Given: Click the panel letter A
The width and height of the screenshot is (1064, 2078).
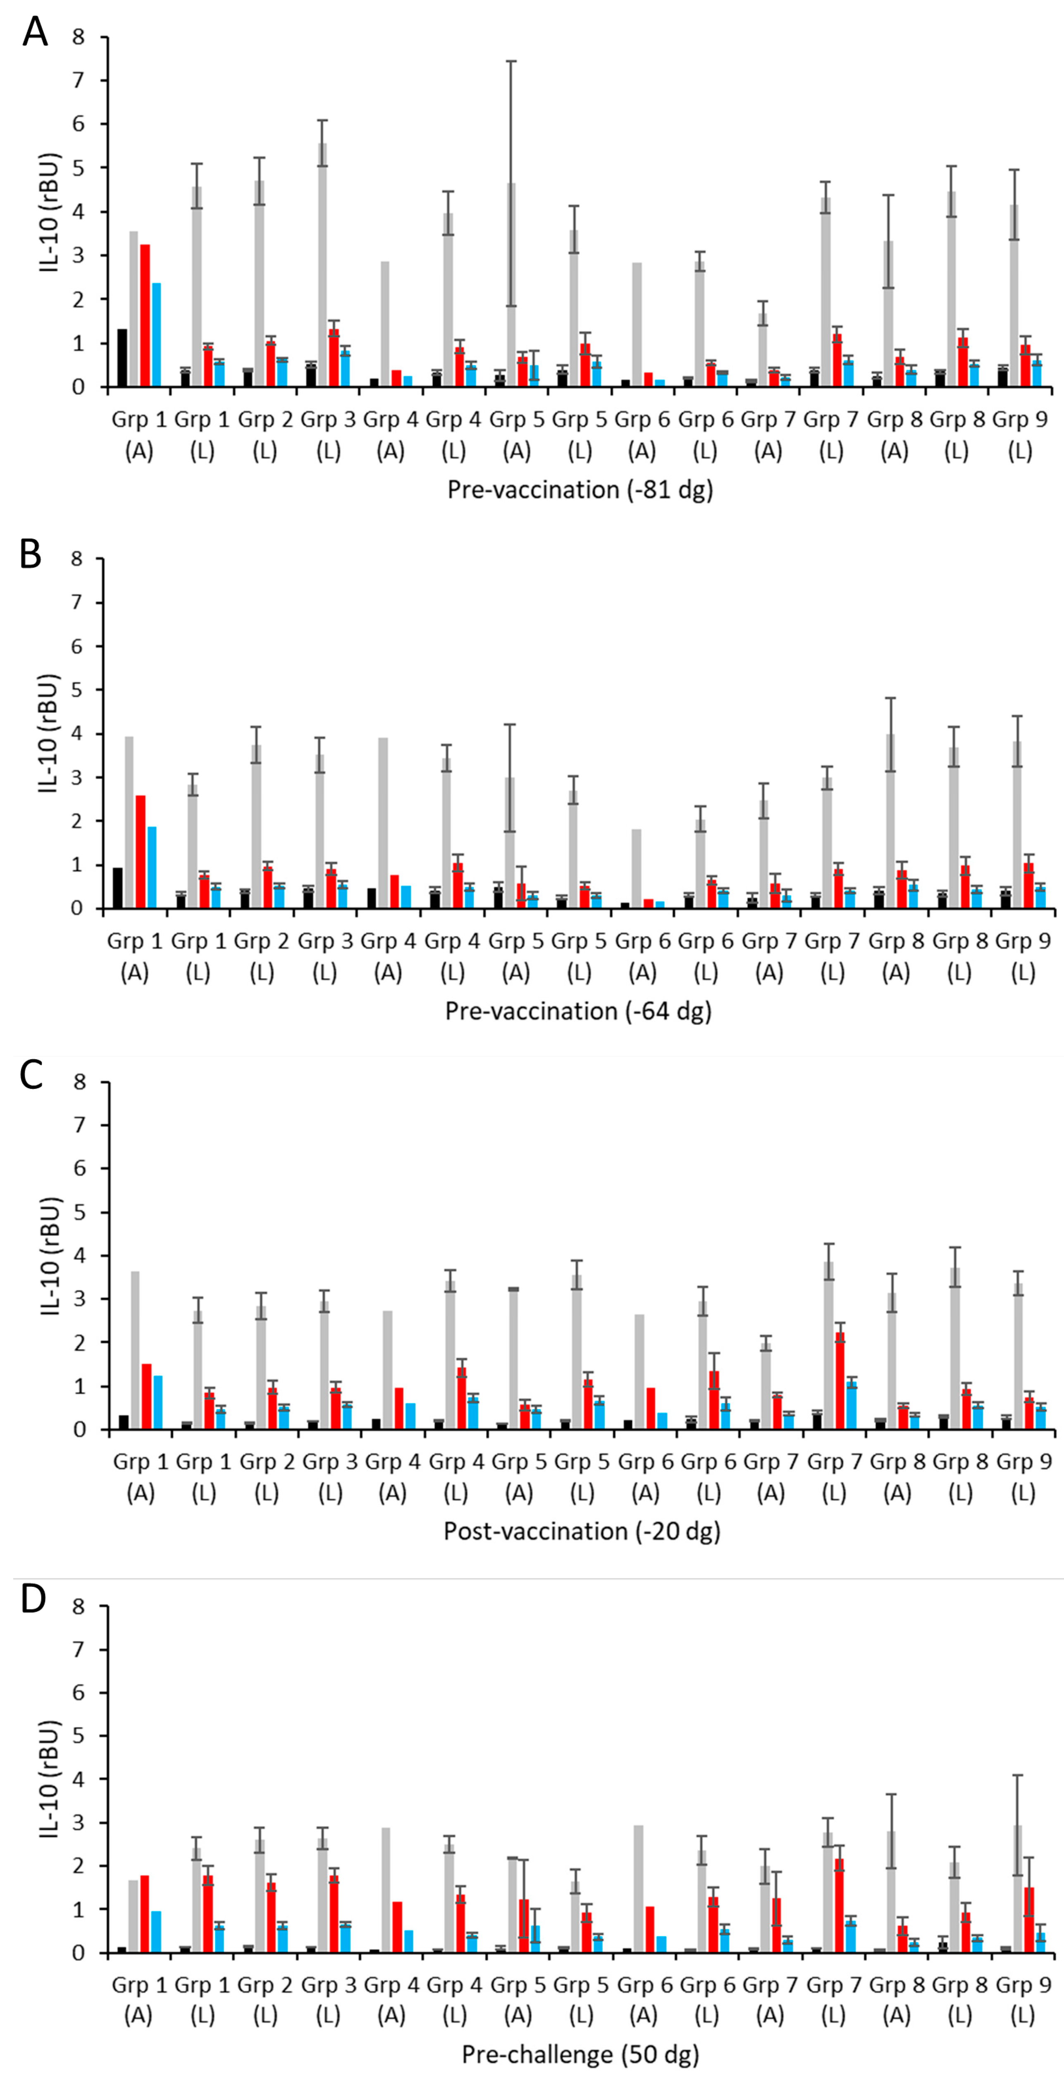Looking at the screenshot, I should click(x=35, y=32).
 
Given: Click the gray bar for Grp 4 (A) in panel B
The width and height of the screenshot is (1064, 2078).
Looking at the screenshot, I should click(x=383, y=823).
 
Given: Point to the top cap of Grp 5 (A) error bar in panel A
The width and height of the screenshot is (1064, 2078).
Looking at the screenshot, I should click(x=511, y=61).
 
